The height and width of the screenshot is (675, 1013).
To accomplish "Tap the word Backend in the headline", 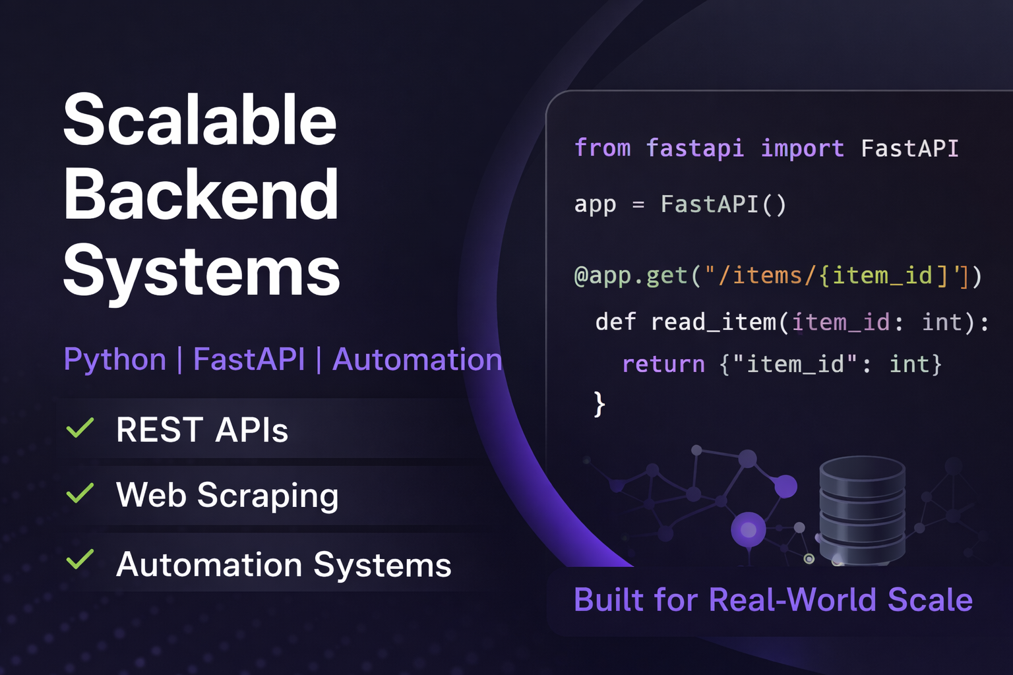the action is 200,194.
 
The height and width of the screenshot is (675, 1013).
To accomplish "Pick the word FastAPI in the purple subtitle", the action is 249,359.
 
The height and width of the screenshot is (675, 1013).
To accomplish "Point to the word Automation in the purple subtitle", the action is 417,359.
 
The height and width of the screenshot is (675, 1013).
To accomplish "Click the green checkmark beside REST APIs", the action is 80,427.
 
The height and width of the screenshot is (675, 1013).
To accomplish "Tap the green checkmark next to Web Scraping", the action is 80,493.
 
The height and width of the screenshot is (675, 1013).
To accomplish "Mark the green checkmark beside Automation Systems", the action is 80,559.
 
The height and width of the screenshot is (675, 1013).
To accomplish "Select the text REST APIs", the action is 202,430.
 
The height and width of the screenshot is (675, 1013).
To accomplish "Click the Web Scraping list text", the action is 227,496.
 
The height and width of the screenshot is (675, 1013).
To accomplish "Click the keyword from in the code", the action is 602,148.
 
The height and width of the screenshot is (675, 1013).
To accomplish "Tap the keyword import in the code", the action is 802,148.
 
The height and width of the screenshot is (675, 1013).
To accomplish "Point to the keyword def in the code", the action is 615,322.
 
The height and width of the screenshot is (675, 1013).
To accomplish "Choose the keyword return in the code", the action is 663,364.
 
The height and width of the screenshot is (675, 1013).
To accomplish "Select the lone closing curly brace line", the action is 599,404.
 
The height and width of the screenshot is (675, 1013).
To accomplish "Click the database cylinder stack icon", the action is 862,511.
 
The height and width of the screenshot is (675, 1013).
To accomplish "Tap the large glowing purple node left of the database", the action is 749,530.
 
